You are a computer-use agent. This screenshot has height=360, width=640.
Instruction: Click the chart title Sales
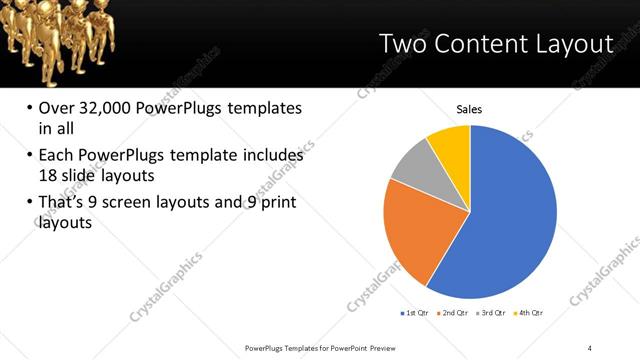click(470, 109)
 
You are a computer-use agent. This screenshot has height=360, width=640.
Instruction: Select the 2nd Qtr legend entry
click(455, 313)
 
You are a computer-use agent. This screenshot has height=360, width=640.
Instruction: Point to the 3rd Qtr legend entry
click(493, 313)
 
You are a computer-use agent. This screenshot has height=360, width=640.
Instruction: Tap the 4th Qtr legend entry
click(530, 313)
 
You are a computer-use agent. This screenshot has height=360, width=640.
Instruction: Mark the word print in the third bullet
click(275, 203)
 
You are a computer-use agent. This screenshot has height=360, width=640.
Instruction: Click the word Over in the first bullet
click(56, 108)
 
